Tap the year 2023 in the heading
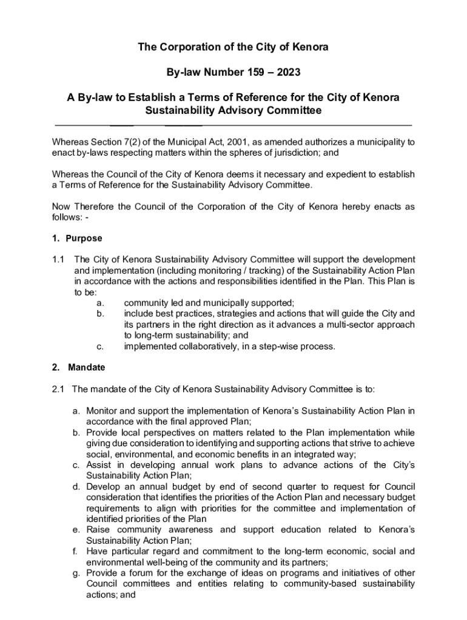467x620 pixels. [x=287, y=72]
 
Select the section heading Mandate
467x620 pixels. [x=86, y=367]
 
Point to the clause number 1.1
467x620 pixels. [x=58, y=259]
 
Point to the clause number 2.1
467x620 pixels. [x=58, y=388]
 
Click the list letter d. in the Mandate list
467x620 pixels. [x=76, y=486]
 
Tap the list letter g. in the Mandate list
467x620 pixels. [x=76, y=573]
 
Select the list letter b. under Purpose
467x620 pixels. [x=100, y=314]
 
